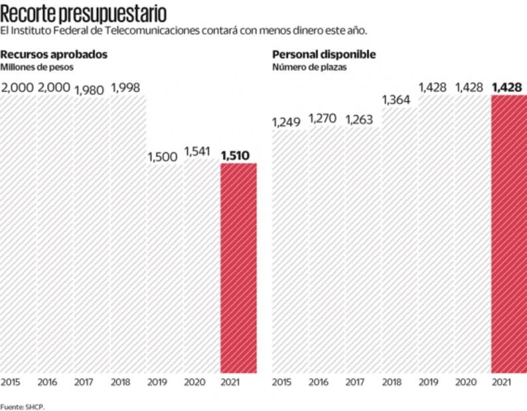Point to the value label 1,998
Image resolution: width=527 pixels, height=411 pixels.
[126, 88]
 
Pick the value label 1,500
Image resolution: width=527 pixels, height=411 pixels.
[162, 157]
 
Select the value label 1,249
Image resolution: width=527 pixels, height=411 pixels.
[287, 122]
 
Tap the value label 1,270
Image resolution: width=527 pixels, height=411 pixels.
[323, 119]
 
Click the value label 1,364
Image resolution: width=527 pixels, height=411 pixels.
[396, 99]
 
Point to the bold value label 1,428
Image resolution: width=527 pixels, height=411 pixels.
[508, 87]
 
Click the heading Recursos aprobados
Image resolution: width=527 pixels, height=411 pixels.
[54, 54]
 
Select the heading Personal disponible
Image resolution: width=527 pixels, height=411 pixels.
[324, 54]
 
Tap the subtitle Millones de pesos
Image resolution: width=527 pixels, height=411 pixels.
[37, 67]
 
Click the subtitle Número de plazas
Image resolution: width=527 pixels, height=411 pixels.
[307, 67]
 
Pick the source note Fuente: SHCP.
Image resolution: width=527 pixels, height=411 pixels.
[22, 406]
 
